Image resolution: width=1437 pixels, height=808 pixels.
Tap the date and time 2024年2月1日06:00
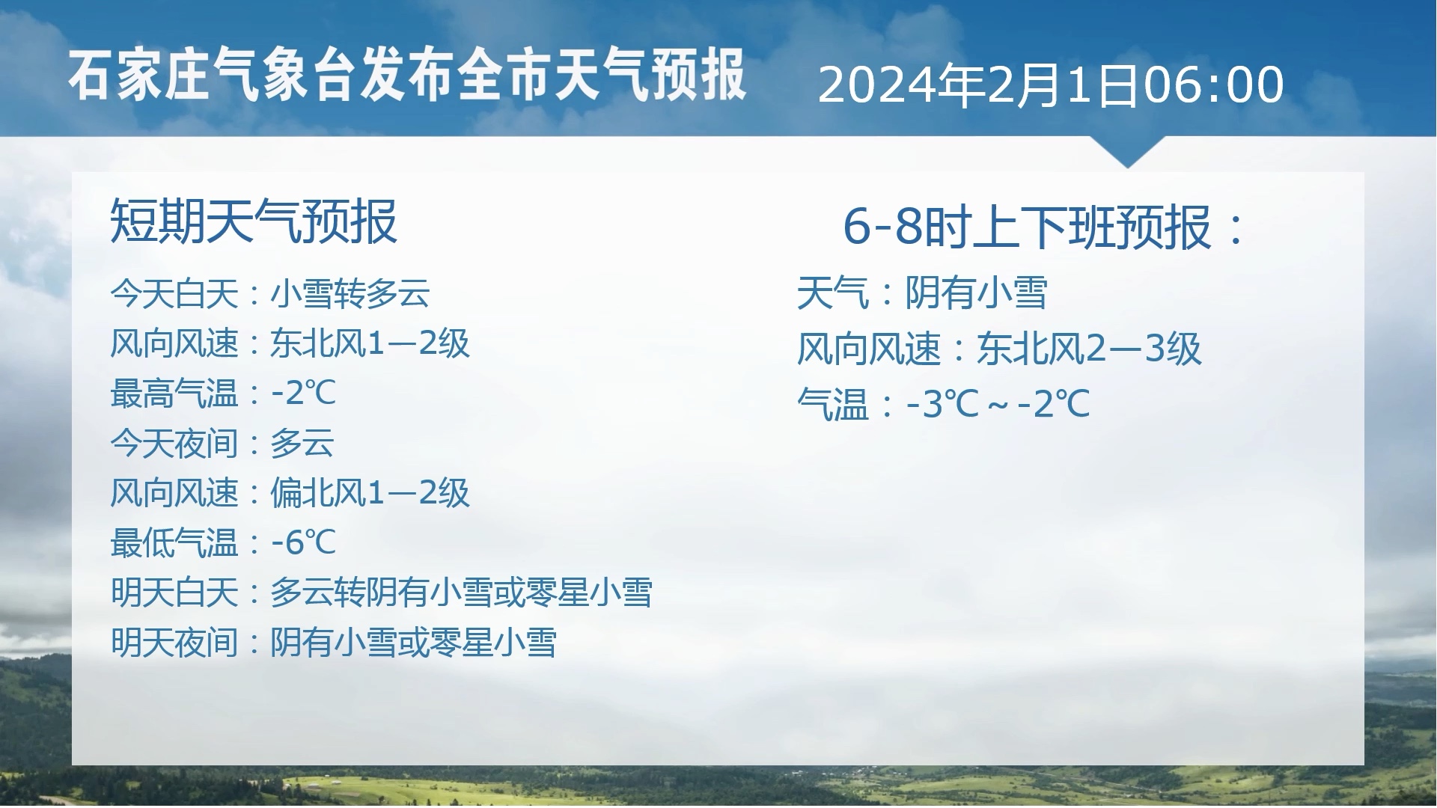point(1051,85)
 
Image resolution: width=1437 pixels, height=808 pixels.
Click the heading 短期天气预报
point(254,221)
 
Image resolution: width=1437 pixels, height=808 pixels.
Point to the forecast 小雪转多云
point(350,293)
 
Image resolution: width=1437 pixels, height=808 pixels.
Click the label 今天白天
point(174,293)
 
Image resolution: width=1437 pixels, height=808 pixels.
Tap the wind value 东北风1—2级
point(370,343)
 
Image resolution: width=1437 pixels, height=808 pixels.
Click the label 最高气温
point(174,394)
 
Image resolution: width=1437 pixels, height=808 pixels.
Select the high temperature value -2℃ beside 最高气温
point(303,394)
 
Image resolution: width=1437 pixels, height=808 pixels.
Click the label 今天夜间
point(174,444)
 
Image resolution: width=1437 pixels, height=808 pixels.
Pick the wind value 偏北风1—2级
point(370,493)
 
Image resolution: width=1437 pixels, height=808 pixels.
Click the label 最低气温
point(174,543)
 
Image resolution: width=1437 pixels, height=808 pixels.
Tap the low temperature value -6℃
point(303,543)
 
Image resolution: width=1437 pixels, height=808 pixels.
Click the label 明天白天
point(174,593)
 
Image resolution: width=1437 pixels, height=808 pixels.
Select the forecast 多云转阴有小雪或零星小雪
point(461,593)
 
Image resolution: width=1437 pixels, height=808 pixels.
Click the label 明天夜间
point(174,643)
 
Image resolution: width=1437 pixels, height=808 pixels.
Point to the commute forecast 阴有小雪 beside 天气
point(976,293)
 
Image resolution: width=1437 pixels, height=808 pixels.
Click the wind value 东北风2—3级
point(1089,349)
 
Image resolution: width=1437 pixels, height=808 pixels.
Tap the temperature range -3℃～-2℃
point(998,405)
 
